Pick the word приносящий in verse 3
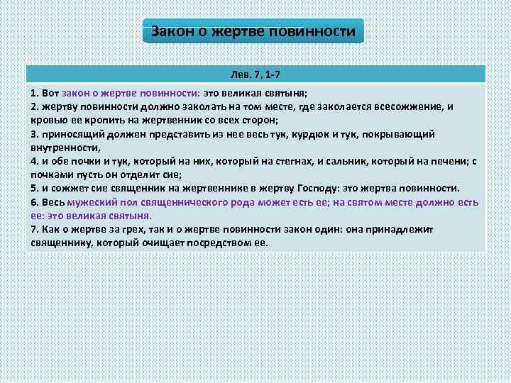pyautogui.click(x=71, y=134)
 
